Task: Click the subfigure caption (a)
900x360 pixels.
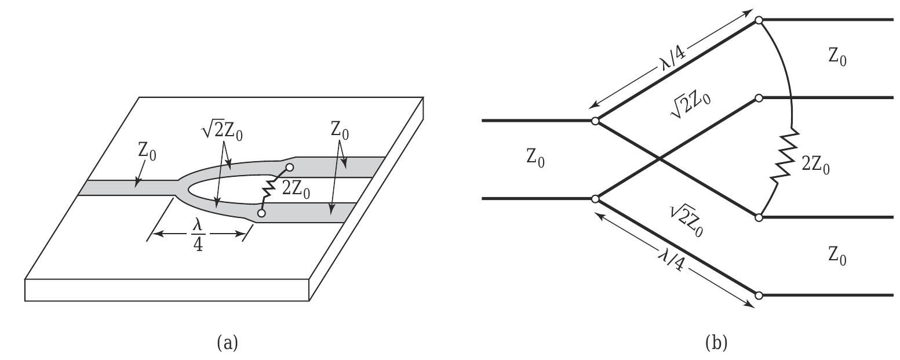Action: click(227, 343)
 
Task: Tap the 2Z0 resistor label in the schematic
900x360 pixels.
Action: click(815, 166)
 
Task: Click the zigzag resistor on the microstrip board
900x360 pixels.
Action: click(268, 191)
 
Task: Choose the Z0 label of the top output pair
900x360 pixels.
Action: click(837, 57)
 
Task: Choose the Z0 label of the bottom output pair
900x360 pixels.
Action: click(837, 255)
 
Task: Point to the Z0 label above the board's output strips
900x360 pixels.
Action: click(340, 130)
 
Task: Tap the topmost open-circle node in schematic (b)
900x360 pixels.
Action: click(759, 20)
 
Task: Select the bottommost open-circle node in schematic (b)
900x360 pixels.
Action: click(759, 296)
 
